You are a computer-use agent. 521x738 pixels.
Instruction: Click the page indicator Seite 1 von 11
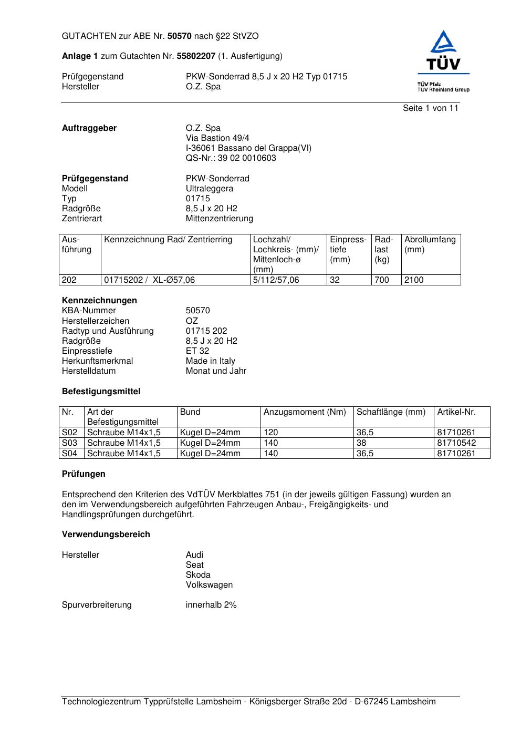[430, 108]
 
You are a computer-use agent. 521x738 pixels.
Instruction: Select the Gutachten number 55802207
[196, 56]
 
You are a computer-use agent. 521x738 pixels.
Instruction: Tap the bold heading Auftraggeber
[89, 128]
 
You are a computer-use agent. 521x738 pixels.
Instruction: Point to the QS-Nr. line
[231, 158]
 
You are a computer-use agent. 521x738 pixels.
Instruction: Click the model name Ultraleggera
[209, 189]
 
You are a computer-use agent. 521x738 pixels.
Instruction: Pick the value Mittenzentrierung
[219, 219]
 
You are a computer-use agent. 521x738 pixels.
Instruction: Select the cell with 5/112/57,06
[276, 280]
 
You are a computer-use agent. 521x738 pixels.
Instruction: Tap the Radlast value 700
[381, 280]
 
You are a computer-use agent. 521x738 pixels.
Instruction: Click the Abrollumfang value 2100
[413, 280]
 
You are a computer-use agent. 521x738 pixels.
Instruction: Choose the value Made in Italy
[210, 361]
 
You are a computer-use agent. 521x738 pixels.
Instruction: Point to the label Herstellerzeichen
[95, 321]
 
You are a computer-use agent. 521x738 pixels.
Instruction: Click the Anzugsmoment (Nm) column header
[305, 412]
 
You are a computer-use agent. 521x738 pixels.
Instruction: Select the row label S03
[70, 443]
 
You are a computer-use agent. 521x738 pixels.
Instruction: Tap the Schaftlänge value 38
[361, 443]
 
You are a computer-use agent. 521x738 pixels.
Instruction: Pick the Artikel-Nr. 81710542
[456, 443]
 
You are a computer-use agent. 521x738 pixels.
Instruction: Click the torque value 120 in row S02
[270, 433]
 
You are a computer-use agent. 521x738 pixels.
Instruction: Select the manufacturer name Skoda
[197, 575]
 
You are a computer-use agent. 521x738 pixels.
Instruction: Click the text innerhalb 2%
[211, 605]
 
